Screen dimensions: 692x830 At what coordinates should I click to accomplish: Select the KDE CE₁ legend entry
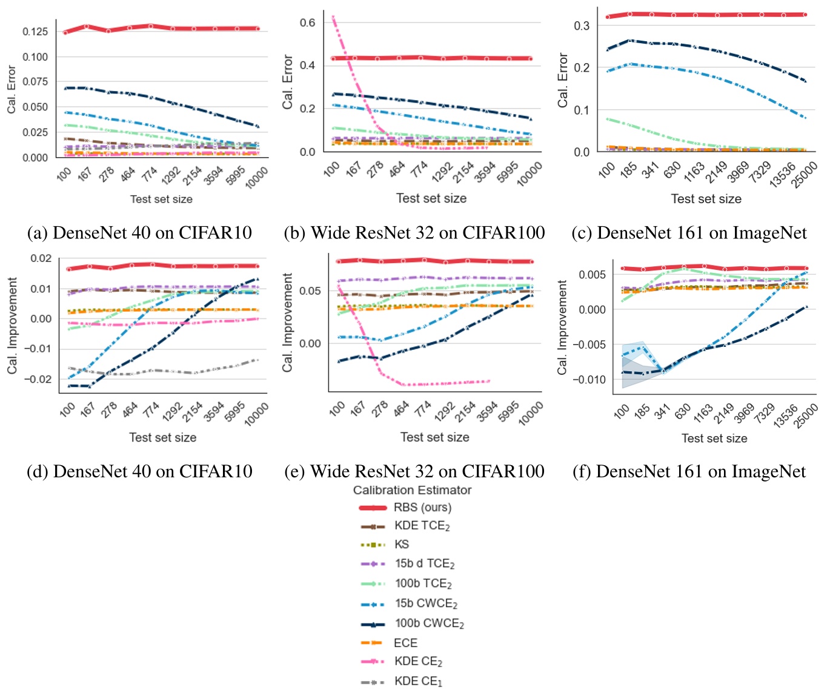(418, 681)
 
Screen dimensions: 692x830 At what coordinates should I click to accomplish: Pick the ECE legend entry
(405, 643)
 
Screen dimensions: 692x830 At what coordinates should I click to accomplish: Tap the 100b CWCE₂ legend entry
(429, 623)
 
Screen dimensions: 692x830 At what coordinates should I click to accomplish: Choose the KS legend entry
(402, 545)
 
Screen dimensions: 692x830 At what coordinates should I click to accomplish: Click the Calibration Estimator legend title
(412, 490)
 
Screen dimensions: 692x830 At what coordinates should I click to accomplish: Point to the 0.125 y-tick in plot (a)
(35, 32)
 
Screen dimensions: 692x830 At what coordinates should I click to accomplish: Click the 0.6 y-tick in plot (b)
(308, 22)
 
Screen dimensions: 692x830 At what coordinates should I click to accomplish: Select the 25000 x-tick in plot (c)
(804, 175)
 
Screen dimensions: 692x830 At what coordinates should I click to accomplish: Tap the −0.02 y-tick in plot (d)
(41, 379)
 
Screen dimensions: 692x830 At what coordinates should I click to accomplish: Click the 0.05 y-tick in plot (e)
(310, 291)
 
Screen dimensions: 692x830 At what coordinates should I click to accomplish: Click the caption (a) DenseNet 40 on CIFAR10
(139, 233)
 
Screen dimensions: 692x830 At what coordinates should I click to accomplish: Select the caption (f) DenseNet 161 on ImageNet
(689, 471)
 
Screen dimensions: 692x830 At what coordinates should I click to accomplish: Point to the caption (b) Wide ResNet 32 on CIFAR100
(414, 233)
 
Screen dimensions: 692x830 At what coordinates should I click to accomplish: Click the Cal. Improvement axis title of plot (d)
(13, 326)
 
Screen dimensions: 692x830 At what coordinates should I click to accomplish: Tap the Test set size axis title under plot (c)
(706, 199)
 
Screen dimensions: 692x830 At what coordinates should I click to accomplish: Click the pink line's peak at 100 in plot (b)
(333, 17)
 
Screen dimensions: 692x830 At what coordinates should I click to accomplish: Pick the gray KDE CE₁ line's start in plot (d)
(69, 368)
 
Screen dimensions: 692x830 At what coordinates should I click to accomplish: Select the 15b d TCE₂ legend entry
(424, 564)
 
